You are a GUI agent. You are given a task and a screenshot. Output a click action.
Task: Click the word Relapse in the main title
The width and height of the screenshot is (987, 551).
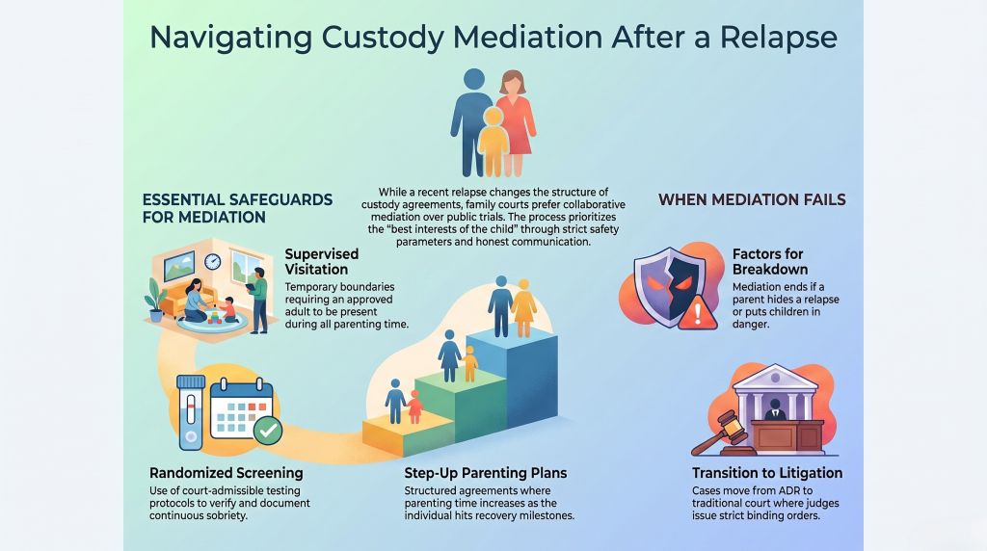(779, 38)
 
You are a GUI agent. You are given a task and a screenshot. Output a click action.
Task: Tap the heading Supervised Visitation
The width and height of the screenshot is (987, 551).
(322, 262)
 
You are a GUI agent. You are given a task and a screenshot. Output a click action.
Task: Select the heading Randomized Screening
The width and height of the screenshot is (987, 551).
(226, 473)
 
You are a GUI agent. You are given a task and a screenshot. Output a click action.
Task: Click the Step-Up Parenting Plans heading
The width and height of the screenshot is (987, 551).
(486, 473)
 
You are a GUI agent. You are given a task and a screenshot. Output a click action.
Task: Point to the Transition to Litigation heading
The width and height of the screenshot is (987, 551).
(767, 473)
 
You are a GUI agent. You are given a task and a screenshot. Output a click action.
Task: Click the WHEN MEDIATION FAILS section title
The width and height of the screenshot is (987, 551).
(752, 200)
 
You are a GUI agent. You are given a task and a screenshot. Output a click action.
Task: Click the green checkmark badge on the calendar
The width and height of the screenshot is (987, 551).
(268, 431)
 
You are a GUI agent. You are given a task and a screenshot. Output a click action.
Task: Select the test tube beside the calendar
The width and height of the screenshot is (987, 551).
(191, 412)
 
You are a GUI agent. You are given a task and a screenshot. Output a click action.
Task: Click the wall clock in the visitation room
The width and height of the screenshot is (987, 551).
(212, 261)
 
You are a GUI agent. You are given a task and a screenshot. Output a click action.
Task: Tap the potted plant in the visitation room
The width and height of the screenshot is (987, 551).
(155, 301)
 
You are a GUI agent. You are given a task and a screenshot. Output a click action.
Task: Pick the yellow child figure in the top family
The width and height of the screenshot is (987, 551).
(493, 142)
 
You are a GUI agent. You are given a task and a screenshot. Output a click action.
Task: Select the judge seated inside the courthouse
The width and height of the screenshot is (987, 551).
(775, 410)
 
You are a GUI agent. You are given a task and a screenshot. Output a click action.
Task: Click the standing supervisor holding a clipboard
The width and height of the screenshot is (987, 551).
(257, 300)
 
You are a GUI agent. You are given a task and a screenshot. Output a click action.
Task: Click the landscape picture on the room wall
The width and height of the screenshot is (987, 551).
(179, 266)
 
